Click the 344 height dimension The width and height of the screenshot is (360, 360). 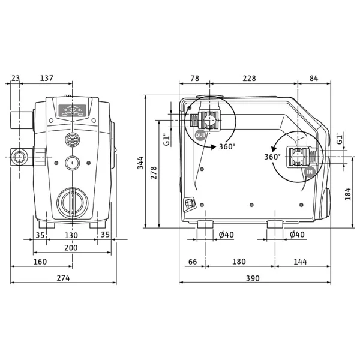[140, 163]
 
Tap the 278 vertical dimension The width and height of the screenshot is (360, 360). [154, 173]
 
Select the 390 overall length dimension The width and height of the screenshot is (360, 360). [253, 278]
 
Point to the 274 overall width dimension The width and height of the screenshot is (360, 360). [63, 278]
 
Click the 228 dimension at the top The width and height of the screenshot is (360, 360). [249, 78]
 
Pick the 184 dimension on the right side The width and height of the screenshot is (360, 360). [348, 194]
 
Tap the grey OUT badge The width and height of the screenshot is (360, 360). [200, 135]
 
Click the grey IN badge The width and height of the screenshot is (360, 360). [310, 172]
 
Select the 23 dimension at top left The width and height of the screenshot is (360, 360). [16, 78]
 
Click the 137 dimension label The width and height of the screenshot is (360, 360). [47, 78]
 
